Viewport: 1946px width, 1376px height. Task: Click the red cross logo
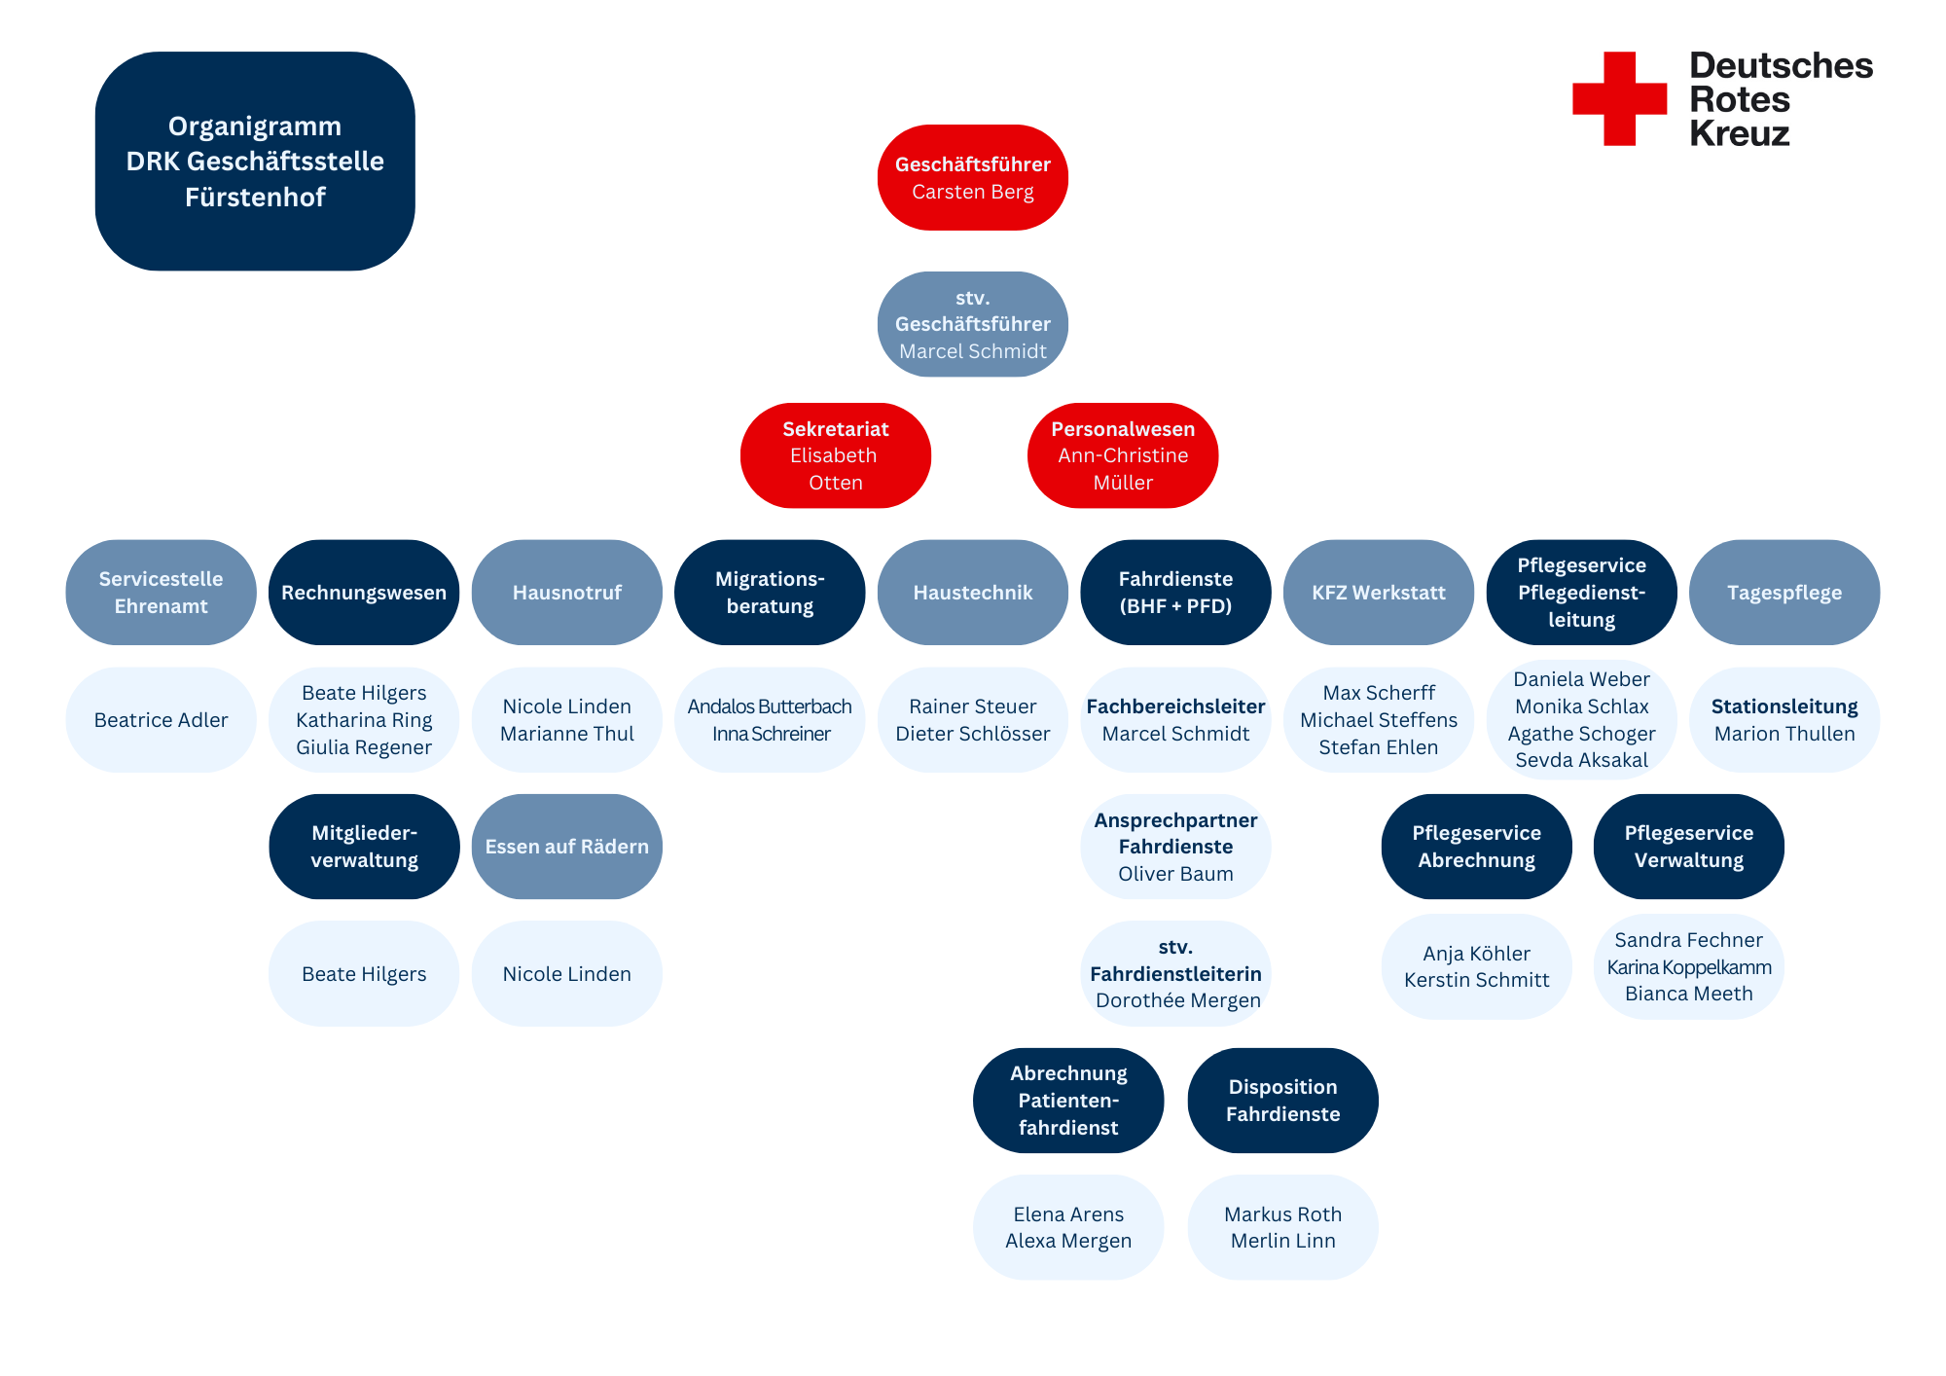click(1619, 98)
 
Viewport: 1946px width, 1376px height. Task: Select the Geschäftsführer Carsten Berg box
click(973, 177)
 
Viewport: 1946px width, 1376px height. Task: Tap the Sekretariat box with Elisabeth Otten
click(836, 455)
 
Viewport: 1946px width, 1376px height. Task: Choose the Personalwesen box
click(1123, 455)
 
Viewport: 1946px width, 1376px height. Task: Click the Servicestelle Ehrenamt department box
click(162, 593)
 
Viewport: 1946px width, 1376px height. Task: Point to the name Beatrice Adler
click(162, 720)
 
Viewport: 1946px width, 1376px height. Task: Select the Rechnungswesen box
click(364, 593)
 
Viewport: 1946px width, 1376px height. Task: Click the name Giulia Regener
click(364, 747)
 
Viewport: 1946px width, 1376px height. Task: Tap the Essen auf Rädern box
click(567, 847)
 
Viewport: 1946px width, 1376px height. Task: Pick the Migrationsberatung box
click(770, 593)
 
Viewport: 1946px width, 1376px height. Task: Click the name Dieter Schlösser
click(973, 734)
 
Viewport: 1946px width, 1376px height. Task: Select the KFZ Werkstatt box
click(1379, 593)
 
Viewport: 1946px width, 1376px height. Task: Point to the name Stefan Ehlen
click(1379, 747)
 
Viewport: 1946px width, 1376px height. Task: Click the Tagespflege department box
click(1784, 593)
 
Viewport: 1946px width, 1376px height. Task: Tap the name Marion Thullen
click(1784, 734)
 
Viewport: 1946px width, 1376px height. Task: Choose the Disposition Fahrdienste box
click(1283, 1101)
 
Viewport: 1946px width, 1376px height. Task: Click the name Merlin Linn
click(1283, 1241)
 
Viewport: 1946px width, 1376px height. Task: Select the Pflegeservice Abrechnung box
click(1477, 847)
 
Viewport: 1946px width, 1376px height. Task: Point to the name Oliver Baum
click(1175, 874)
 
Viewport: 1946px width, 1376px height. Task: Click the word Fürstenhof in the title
click(255, 198)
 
